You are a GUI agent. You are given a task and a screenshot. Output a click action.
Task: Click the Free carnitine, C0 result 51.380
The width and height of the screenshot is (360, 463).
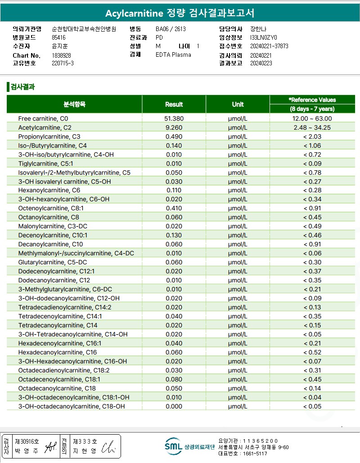174,118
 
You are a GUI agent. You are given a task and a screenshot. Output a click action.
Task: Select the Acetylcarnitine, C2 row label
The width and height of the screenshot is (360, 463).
45,127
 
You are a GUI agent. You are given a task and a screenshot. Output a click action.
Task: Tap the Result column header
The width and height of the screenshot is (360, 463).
174,104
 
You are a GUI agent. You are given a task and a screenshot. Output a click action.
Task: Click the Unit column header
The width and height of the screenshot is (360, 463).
238,104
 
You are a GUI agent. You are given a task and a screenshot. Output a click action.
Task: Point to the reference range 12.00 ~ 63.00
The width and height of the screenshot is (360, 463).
312,118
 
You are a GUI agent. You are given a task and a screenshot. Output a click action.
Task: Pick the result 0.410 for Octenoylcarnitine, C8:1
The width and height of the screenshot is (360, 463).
174,209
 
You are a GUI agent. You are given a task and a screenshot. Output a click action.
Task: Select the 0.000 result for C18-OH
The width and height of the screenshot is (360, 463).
174,406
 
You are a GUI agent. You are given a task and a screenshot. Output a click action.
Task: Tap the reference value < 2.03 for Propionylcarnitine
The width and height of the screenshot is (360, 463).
312,136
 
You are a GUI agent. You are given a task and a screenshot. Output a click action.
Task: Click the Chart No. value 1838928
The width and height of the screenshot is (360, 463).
62,55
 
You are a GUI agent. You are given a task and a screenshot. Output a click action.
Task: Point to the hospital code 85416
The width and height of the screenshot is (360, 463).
59,38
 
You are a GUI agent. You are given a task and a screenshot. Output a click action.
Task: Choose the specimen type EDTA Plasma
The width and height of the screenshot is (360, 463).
173,54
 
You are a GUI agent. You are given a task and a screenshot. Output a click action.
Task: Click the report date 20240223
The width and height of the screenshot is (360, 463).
261,64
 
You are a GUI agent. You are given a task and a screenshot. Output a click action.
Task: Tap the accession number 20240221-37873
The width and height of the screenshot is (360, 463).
269,46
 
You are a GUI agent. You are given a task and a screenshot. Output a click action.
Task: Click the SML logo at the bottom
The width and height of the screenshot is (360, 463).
174,446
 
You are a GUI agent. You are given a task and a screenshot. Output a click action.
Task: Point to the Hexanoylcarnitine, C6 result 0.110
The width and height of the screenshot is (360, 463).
174,191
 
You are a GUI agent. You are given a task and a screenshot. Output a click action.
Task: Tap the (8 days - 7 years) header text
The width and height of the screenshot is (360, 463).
312,109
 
